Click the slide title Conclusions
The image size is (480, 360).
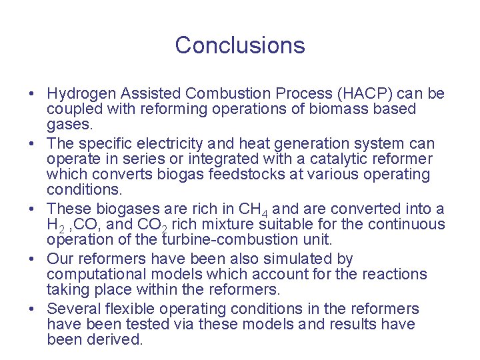(x=240, y=45)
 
